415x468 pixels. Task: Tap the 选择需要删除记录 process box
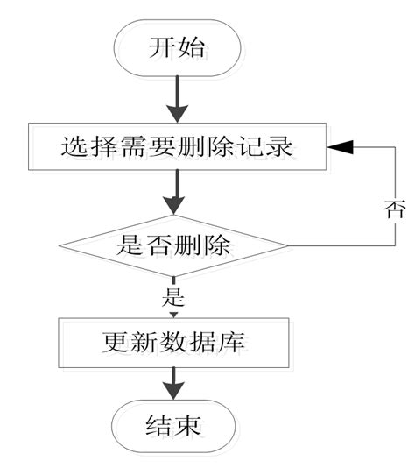pos(176,146)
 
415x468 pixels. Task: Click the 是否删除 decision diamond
pos(174,245)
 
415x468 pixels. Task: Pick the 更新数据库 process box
pos(172,341)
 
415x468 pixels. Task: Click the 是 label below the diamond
pos(172,294)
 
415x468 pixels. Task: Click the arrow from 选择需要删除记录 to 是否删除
pos(176,192)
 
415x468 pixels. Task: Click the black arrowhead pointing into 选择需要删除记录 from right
pos(342,146)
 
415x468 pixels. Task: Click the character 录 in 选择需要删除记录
pos(279,146)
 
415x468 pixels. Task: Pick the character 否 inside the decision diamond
pos(158,245)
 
